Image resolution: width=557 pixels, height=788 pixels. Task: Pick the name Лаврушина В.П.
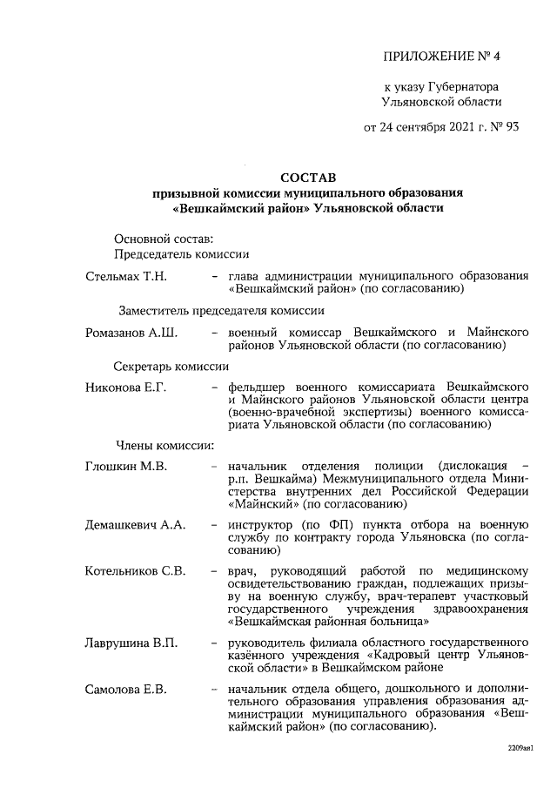(x=131, y=643)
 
